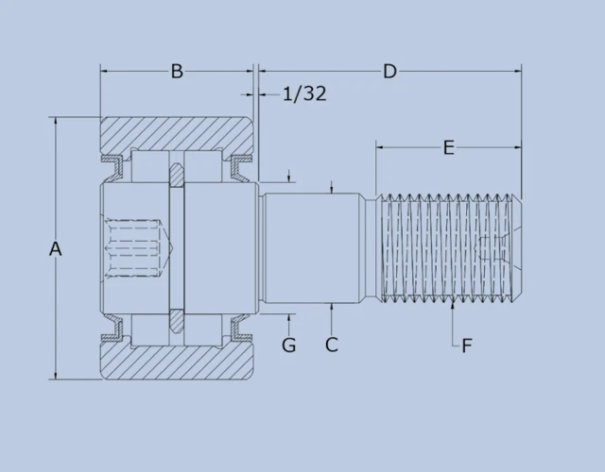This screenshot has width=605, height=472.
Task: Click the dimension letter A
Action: [55, 248]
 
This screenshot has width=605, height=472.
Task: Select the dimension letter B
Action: [177, 72]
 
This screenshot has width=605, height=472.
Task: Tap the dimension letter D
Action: [389, 72]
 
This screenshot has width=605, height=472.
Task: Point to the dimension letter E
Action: [448, 147]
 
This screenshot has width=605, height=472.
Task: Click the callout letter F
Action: [467, 346]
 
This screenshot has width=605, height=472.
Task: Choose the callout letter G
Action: [289, 346]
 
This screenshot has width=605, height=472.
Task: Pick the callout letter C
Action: [332, 346]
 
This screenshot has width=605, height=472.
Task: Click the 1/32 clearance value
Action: [304, 93]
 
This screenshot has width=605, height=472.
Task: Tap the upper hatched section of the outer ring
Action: [177, 133]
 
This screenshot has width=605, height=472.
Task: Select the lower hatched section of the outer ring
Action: [177, 363]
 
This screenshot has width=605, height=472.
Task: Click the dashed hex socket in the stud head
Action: [135, 248]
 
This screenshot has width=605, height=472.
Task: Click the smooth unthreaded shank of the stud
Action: [312, 248]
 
